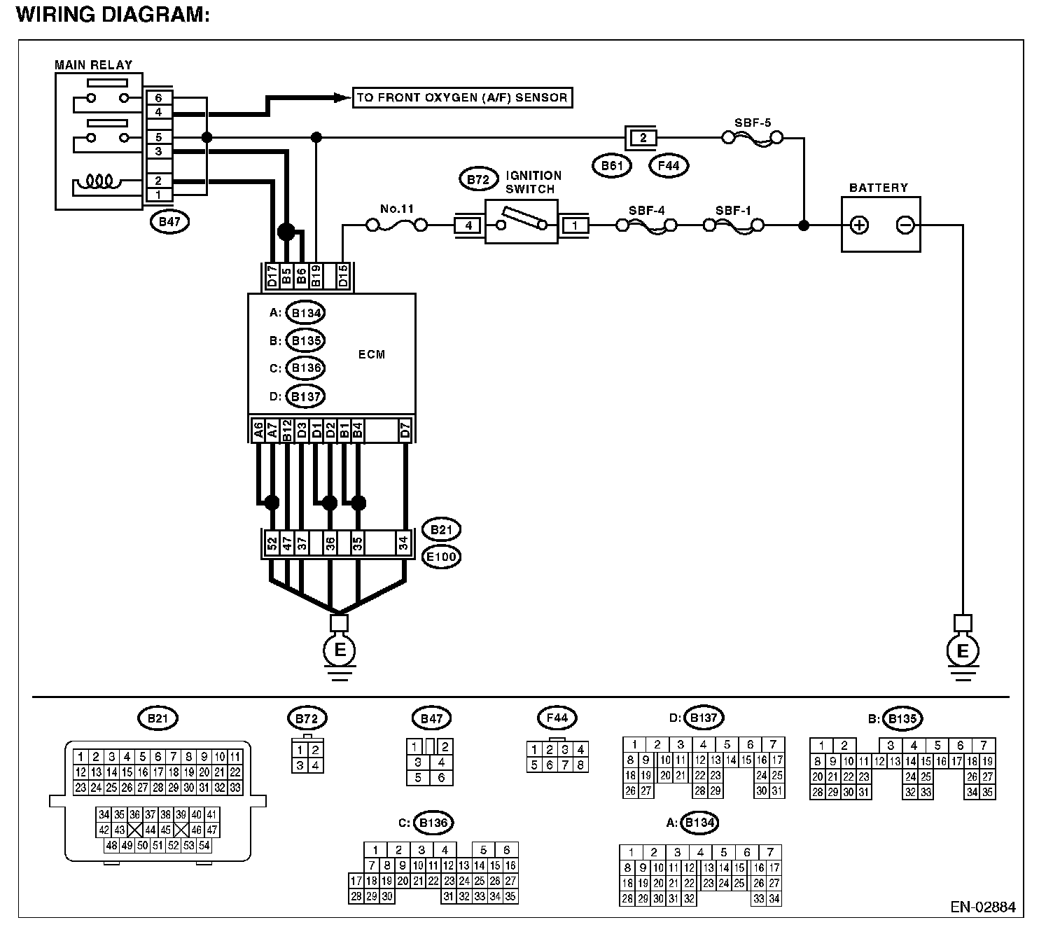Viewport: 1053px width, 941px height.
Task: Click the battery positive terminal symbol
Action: (859, 225)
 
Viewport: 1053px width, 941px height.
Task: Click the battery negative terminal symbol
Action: (905, 225)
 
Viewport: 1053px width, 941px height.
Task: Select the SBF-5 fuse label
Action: (753, 123)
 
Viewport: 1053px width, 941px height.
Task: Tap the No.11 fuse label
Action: (396, 209)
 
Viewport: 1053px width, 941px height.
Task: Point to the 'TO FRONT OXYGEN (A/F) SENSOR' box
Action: (463, 98)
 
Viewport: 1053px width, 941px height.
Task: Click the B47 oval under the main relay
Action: (169, 222)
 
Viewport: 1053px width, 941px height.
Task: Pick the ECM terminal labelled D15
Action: (342, 276)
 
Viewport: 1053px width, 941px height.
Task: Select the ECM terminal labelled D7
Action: (405, 431)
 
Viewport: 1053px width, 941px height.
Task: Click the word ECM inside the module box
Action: (372, 354)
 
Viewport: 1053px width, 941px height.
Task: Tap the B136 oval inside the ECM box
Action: (306, 368)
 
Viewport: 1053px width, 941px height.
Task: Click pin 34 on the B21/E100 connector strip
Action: (403, 544)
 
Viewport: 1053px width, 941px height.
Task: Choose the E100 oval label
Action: (441, 557)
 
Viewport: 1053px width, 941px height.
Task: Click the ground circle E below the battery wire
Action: (963, 651)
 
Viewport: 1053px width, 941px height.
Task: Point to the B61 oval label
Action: (612, 166)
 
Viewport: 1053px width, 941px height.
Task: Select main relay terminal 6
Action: (159, 98)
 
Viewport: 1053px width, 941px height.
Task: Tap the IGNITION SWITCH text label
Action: (534, 182)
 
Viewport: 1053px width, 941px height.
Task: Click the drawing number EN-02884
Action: (983, 907)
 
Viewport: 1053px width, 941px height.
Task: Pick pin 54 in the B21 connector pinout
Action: (204, 845)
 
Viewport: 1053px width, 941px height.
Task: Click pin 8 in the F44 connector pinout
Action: (580, 765)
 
